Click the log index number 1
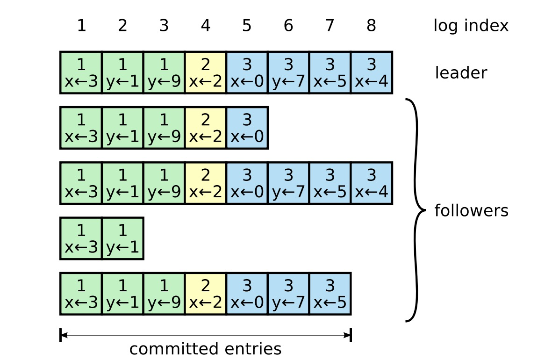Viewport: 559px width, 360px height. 81,26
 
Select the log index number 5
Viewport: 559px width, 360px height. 247,26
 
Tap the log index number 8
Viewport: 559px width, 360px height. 371,26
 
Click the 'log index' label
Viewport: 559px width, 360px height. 471,26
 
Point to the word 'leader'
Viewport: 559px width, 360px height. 461,73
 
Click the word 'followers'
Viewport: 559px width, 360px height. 471,211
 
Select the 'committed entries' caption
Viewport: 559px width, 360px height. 205,349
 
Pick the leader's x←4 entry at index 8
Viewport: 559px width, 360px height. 372,73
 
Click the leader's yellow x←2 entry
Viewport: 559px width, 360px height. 206,73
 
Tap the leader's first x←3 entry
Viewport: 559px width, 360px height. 81,73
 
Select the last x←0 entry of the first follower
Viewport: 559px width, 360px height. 247,128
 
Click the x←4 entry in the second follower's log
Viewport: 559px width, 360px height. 372,183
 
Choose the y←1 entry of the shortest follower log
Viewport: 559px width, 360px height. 122,238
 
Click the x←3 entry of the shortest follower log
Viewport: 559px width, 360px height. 81,238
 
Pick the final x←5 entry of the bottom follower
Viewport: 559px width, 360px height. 330,294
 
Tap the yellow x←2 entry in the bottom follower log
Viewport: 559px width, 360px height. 206,294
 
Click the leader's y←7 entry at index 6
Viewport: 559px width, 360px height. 288,73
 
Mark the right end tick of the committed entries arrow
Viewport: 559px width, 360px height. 351,335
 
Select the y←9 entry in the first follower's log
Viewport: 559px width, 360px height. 164,128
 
